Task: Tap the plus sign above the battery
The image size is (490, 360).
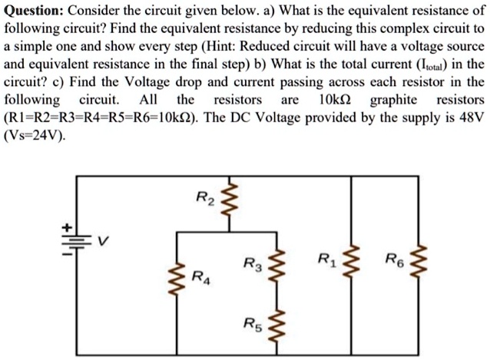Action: coord(68,228)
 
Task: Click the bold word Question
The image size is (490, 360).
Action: coord(35,11)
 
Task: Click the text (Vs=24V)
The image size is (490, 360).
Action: coord(34,136)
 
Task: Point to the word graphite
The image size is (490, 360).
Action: coord(393,100)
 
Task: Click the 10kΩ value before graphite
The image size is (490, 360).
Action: coord(335,100)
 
